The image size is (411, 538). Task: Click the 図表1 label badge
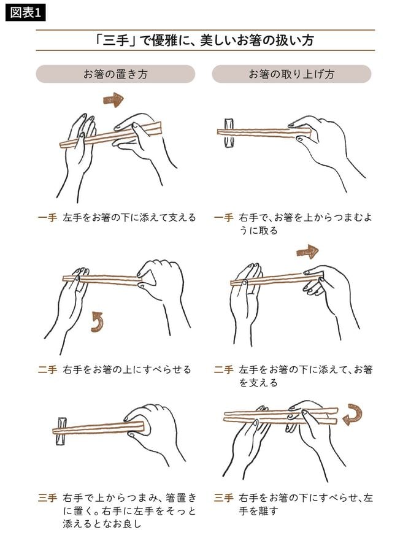pyautogui.click(x=25, y=12)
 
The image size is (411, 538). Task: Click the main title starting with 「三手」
pyautogui.click(x=205, y=40)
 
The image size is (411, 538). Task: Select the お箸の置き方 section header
pyautogui.click(x=115, y=74)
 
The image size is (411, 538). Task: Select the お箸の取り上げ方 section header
pyautogui.click(x=291, y=74)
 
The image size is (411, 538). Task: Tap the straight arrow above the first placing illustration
pyautogui.click(x=113, y=99)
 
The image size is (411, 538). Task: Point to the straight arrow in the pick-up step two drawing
pyautogui.click(x=307, y=252)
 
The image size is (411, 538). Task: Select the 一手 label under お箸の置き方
pyautogui.click(x=47, y=218)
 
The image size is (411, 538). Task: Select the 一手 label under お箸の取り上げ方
pyautogui.click(x=224, y=218)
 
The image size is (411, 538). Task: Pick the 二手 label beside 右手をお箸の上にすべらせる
pyautogui.click(x=47, y=369)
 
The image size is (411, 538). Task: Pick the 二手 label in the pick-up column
pyautogui.click(x=224, y=369)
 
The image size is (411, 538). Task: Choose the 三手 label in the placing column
pyautogui.click(x=47, y=498)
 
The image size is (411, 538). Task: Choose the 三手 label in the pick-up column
pyautogui.click(x=224, y=498)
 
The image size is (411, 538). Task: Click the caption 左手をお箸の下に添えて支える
pyautogui.click(x=129, y=218)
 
